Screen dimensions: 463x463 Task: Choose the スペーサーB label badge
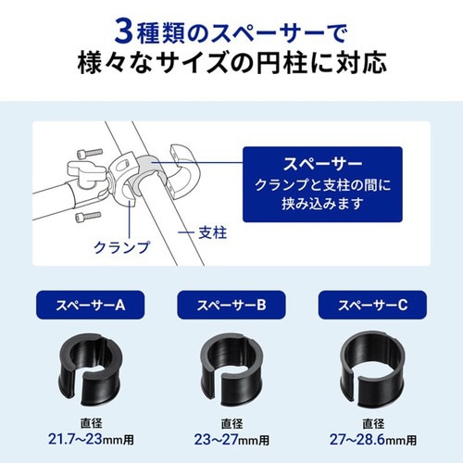coord(231,305)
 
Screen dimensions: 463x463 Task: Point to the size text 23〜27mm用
coord(231,437)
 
